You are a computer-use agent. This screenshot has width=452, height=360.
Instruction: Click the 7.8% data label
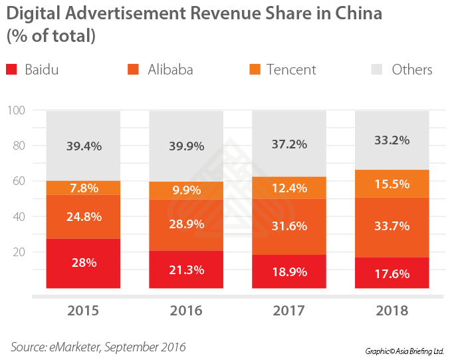84,188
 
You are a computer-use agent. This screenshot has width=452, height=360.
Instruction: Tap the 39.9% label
186,146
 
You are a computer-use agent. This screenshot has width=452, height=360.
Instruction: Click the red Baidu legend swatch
11,69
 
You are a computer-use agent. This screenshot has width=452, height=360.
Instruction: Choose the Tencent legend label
291,69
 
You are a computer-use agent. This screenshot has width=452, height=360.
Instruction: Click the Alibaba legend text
170,69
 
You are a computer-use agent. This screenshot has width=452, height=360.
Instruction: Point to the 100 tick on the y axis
16,110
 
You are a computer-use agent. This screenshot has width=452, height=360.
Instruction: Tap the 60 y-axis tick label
19,181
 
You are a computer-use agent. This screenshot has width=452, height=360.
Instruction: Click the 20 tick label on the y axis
19,252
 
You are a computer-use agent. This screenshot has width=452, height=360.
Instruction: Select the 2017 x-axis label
288,311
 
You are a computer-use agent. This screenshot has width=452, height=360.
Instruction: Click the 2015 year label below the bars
83,311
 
